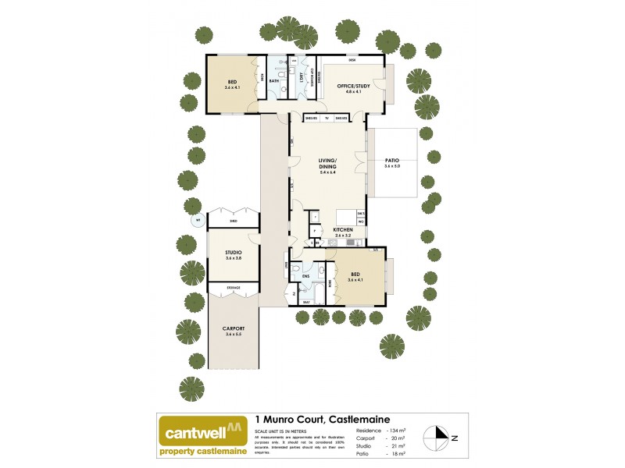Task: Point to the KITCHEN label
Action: point(344,230)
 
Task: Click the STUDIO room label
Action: point(233,253)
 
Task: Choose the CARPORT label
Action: point(233,328)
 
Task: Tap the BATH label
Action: point(274,80)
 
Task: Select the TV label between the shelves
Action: point(327,117)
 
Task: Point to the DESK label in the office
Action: point(352,60)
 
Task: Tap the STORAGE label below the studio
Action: point(233,288)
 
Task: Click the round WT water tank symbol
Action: point(198,221)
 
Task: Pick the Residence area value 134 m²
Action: point(401,431)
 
